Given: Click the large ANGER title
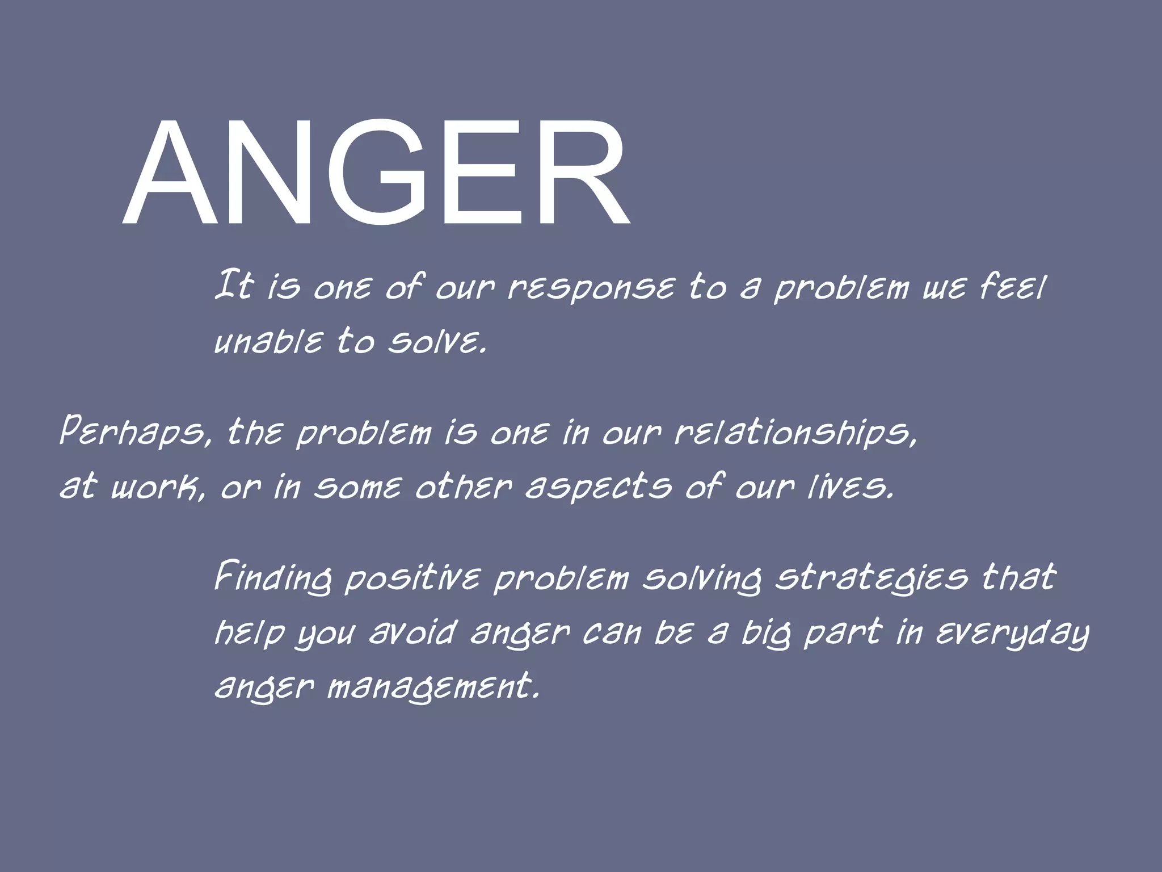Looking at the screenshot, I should click(376, 173).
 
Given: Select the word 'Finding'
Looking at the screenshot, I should click(272, 578).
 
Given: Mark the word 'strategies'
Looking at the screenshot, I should click(871, 578).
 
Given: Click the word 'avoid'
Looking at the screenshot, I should click(412, 632).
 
